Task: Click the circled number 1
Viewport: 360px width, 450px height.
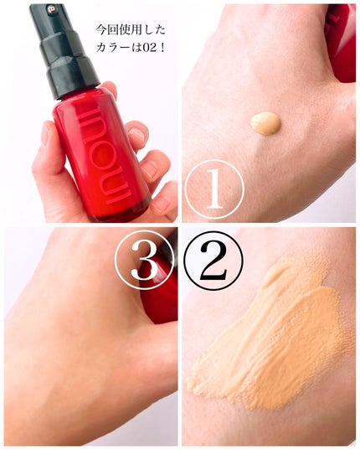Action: [x=214, y=189]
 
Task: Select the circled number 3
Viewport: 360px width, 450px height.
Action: [x=144, y=261]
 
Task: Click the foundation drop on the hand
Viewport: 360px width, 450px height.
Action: [x=265, y=123]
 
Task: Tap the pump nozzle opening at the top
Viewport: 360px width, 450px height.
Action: [x=52, y=10]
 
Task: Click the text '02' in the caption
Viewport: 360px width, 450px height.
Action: [x=150, y=48]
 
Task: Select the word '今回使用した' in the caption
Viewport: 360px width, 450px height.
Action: [x=131, y=30]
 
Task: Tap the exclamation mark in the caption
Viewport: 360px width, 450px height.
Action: [x=162, y=48]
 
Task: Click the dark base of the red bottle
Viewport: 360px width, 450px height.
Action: [x=122, y=211]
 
